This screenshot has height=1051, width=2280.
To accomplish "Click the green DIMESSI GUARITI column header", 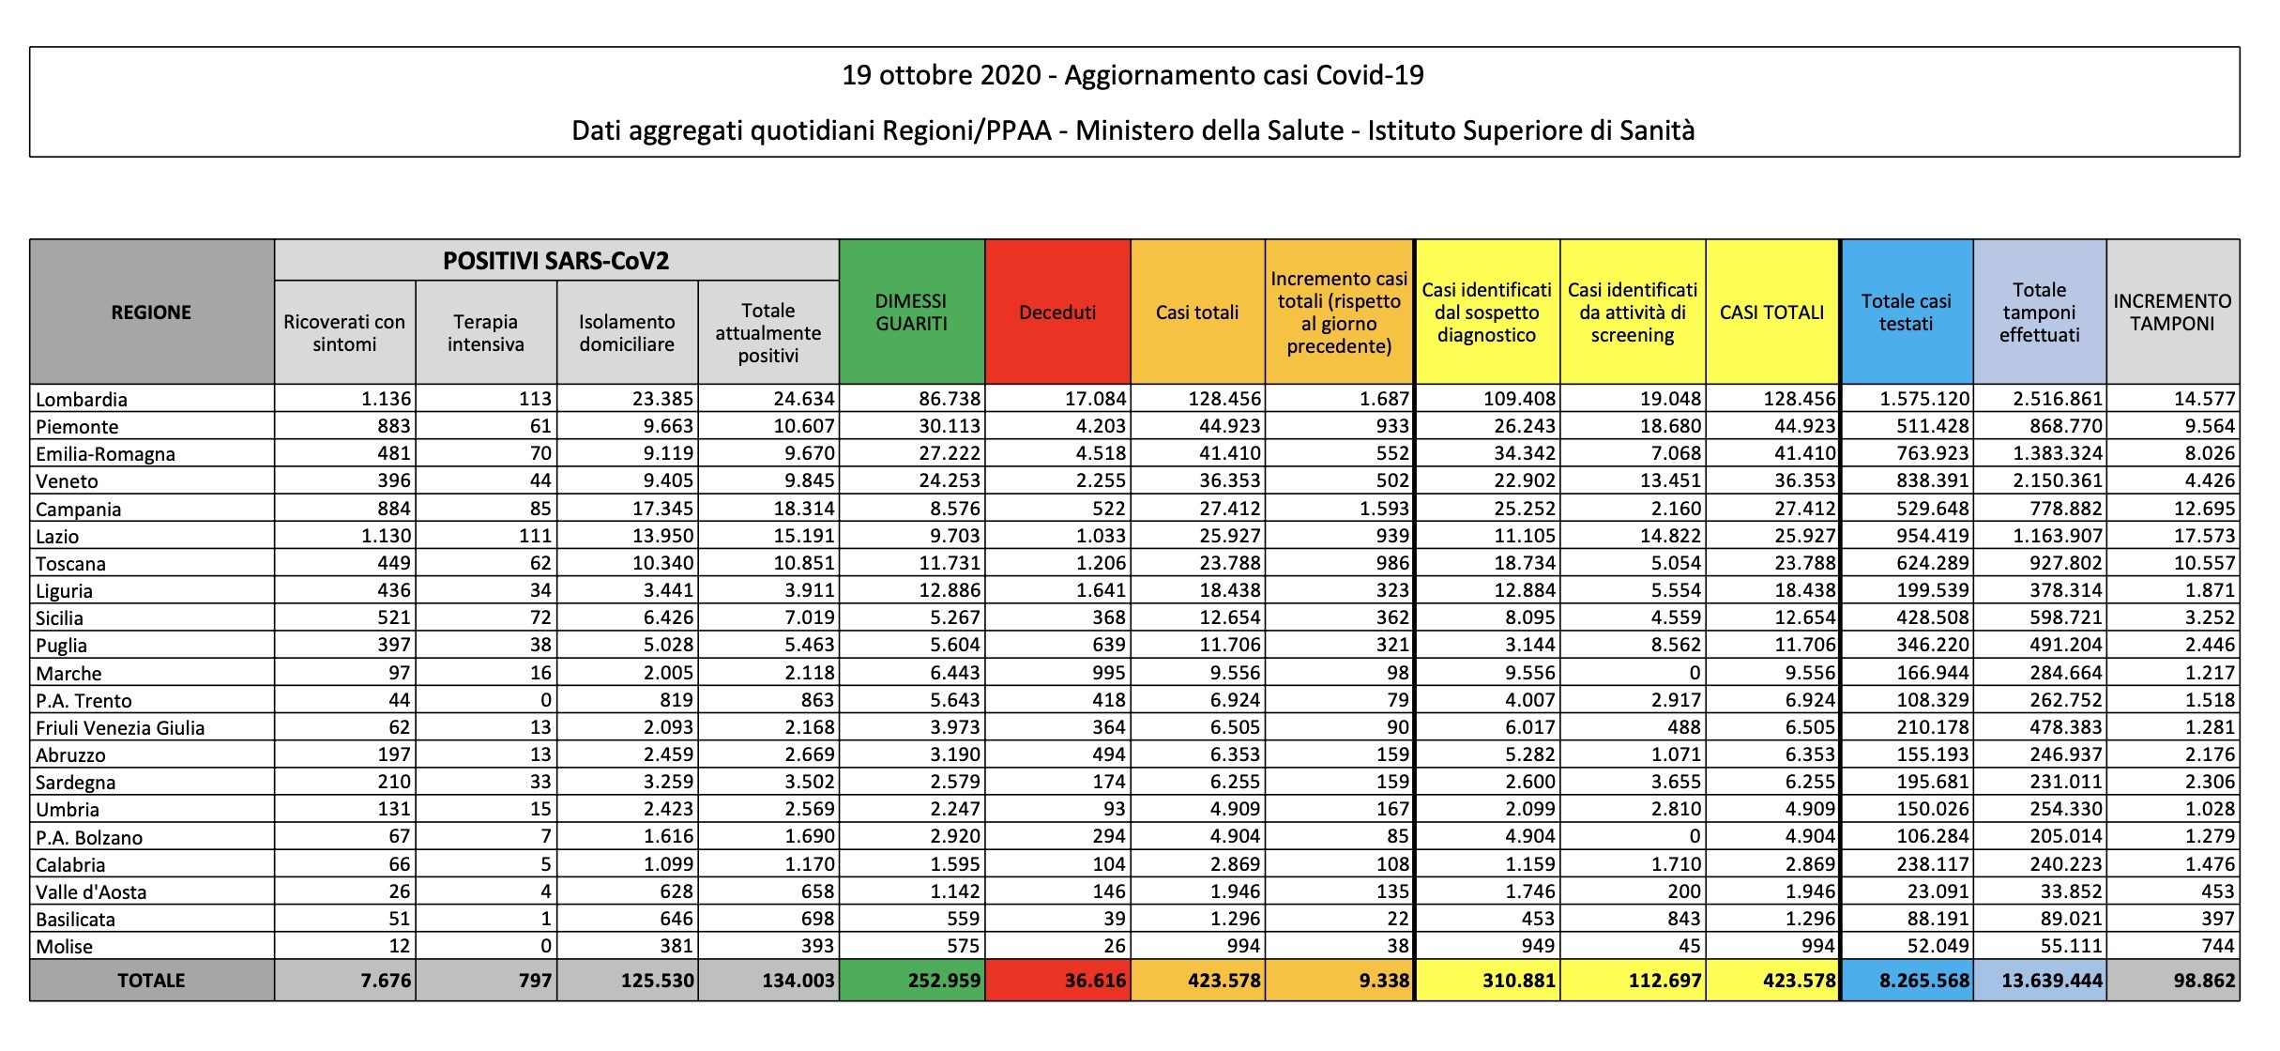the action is (911, 312).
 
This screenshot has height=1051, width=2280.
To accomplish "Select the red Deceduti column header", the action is (1057, 312).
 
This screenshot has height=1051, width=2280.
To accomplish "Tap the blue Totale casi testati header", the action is (1906, 312).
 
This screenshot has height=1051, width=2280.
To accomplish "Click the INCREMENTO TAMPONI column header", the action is (2172, 312).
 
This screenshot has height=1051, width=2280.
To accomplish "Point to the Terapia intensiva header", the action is (486, 333).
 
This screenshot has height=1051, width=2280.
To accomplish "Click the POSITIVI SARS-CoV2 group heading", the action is (556, 261).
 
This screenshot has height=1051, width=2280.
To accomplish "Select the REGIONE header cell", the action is (151, 312).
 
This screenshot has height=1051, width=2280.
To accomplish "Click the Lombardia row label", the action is (82, 399).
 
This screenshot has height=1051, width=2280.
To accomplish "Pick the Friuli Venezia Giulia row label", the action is (120, 727).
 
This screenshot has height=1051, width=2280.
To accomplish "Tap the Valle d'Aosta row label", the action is (91, 891).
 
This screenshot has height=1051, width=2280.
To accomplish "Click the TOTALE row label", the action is (151, 981).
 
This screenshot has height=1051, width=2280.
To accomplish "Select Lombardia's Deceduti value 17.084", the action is (1095, 399).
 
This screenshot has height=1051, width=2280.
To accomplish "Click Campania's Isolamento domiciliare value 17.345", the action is (662, 509).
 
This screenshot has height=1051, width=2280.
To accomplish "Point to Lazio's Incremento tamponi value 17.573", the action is (2205, 536).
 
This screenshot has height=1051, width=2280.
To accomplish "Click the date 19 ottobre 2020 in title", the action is (941, 75).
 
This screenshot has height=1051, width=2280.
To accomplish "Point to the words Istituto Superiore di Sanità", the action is (1531, 130).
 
